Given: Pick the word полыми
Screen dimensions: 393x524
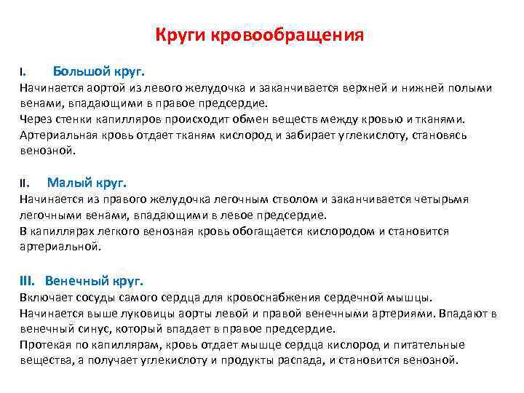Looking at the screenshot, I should coord(472,88).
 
